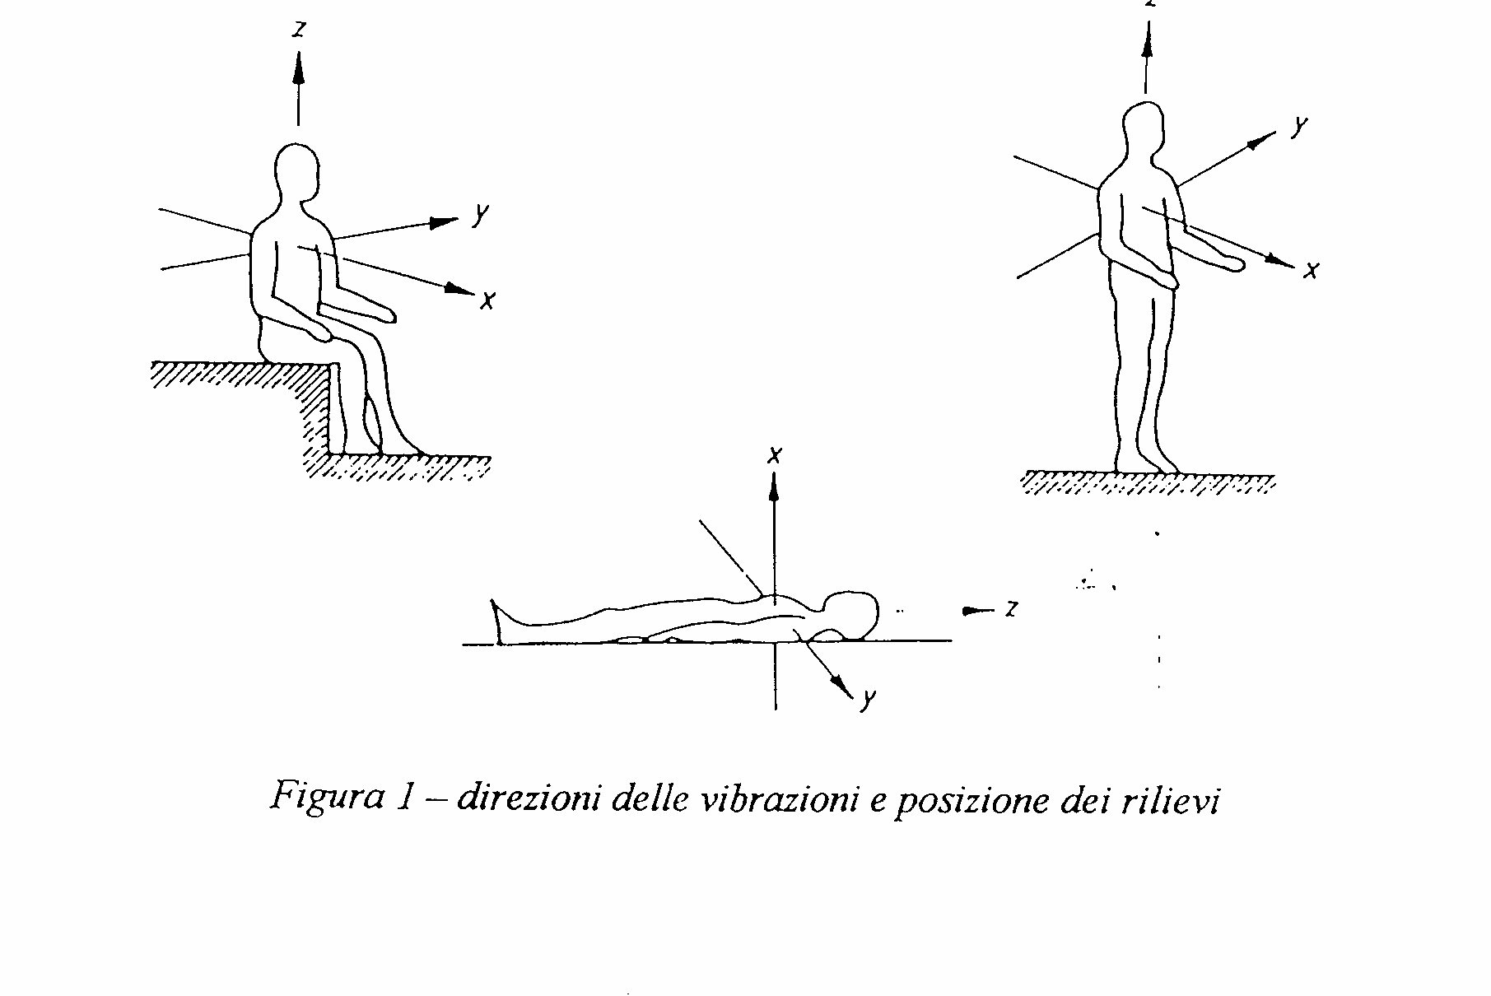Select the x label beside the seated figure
pos(487,300)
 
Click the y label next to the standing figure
pos(1299,127)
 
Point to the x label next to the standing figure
pos(1312,270)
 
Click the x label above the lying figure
pos(774,455)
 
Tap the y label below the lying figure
pos(867,700)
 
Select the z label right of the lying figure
pos(1011,608)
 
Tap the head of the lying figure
pos(852,613)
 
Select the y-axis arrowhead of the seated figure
pos(445,222)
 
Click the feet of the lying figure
pos(499,621)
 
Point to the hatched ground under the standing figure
pos(1149,483)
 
